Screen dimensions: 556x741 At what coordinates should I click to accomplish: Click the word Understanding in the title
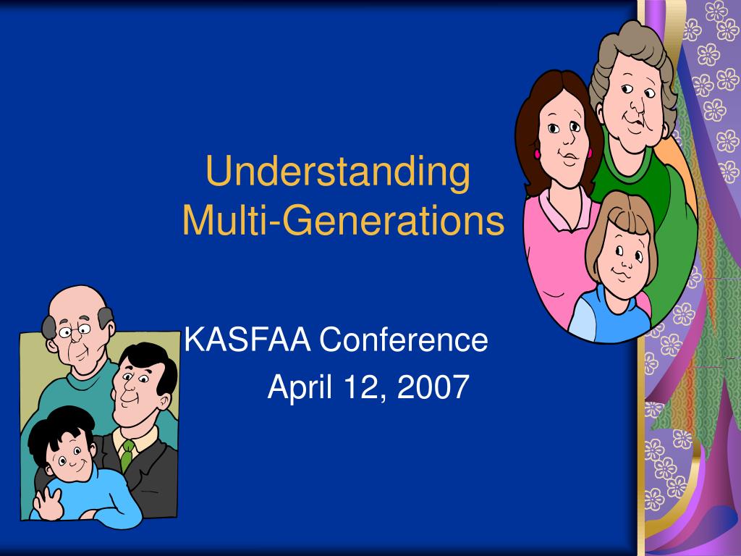point(337,172)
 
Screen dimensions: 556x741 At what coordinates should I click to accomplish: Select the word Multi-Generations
point(343,221)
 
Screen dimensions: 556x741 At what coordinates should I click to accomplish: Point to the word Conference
point(404,340)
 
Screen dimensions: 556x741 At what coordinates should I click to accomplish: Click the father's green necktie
point(127,454)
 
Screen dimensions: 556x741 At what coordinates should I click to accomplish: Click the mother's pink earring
point(538,153)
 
